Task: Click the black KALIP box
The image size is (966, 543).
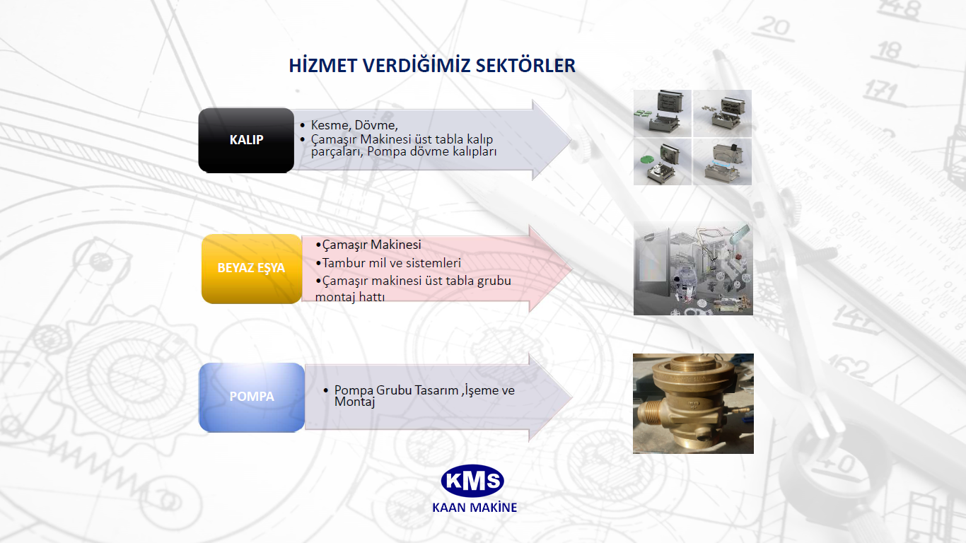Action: (x=246, y=140)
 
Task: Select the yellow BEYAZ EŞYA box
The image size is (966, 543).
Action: (x=252, y=269)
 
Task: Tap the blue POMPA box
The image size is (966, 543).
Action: (x=252, y=397)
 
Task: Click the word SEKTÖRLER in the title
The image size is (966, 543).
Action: (x=525, y=66)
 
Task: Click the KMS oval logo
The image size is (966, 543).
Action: (x=472, y=481)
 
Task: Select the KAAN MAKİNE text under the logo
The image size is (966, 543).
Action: (x=475, y=507)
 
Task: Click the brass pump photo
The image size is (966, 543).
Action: (x=693, y=404)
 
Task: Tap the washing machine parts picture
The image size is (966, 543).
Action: (x=693, y=268)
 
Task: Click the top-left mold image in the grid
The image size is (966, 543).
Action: (x=663, y=113)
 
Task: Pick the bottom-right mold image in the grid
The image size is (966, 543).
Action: (x=722, y=162)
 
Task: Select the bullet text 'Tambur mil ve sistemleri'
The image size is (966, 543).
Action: (x=392, y=262)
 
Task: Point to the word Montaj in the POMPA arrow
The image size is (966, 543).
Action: (x=354, y=402)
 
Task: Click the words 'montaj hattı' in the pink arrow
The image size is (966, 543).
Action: (x=350, y=297)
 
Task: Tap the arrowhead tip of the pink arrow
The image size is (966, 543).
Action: (x=572, y=269)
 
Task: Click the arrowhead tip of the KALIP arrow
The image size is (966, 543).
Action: (x=571, y=140)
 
